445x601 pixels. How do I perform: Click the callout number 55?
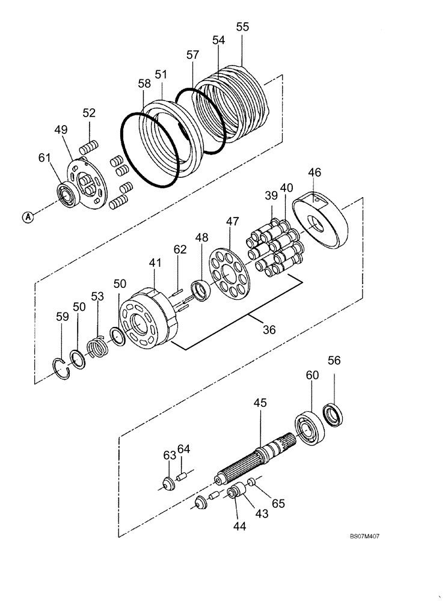tap(242, 27)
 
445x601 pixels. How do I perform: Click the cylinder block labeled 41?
tap(148, 317)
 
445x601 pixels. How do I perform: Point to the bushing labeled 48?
tap(201, 288)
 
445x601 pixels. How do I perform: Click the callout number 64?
tap(183, 449)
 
